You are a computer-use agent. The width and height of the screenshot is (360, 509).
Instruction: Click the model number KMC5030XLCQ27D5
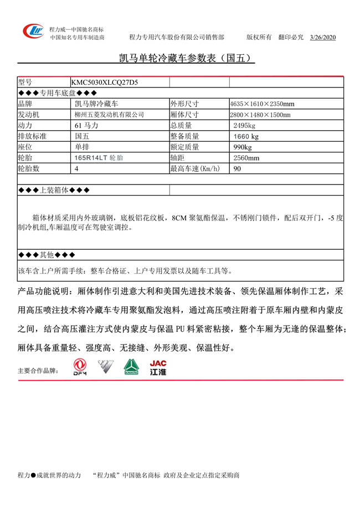point(105,82)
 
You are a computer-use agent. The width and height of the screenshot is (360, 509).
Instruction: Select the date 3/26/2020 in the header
point(323,37)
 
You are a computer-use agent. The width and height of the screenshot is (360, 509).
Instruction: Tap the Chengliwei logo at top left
point(33,32)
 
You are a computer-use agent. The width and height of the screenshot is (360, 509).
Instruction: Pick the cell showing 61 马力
point(86,125)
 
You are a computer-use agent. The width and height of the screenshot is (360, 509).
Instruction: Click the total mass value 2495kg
point(244,125)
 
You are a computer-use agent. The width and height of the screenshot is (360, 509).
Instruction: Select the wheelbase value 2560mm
point(246,158)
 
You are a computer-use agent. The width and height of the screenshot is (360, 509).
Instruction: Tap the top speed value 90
point(238,169)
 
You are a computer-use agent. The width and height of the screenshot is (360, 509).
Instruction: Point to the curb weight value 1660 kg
point(246,136)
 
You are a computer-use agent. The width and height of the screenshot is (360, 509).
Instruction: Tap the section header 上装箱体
point(53,190)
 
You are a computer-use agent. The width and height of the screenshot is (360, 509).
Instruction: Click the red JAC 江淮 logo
point(158,368)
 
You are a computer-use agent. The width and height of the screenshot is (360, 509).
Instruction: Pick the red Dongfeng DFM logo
point(80,368)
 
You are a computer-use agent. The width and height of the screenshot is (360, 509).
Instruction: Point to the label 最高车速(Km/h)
point(195,169)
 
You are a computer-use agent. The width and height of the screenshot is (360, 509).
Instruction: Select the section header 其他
point(46,255)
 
